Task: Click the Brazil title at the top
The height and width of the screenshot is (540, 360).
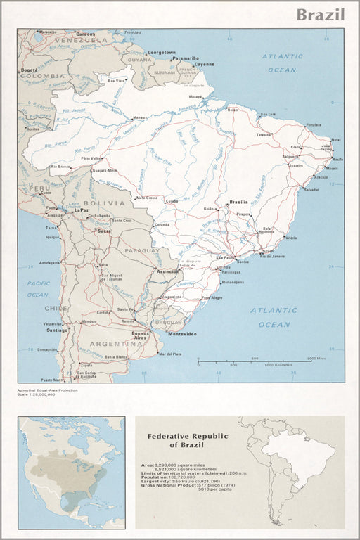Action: tap(320, 15)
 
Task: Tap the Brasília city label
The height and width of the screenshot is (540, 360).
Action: tap(239, 202)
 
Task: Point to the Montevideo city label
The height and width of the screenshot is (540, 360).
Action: tap(182, 333)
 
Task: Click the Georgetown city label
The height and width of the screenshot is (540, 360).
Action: tap(161, 53)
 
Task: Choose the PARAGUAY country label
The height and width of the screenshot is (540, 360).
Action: tap(142, 250)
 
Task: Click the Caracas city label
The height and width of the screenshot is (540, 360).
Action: tap(86, 34)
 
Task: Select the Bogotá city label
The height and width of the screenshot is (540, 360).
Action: tap(29, 70)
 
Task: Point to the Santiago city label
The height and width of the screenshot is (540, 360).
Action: tap(57, 330)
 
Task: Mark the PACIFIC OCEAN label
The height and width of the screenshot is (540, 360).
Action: tap(38, 288)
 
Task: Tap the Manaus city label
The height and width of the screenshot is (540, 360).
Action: tap(140, 117)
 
